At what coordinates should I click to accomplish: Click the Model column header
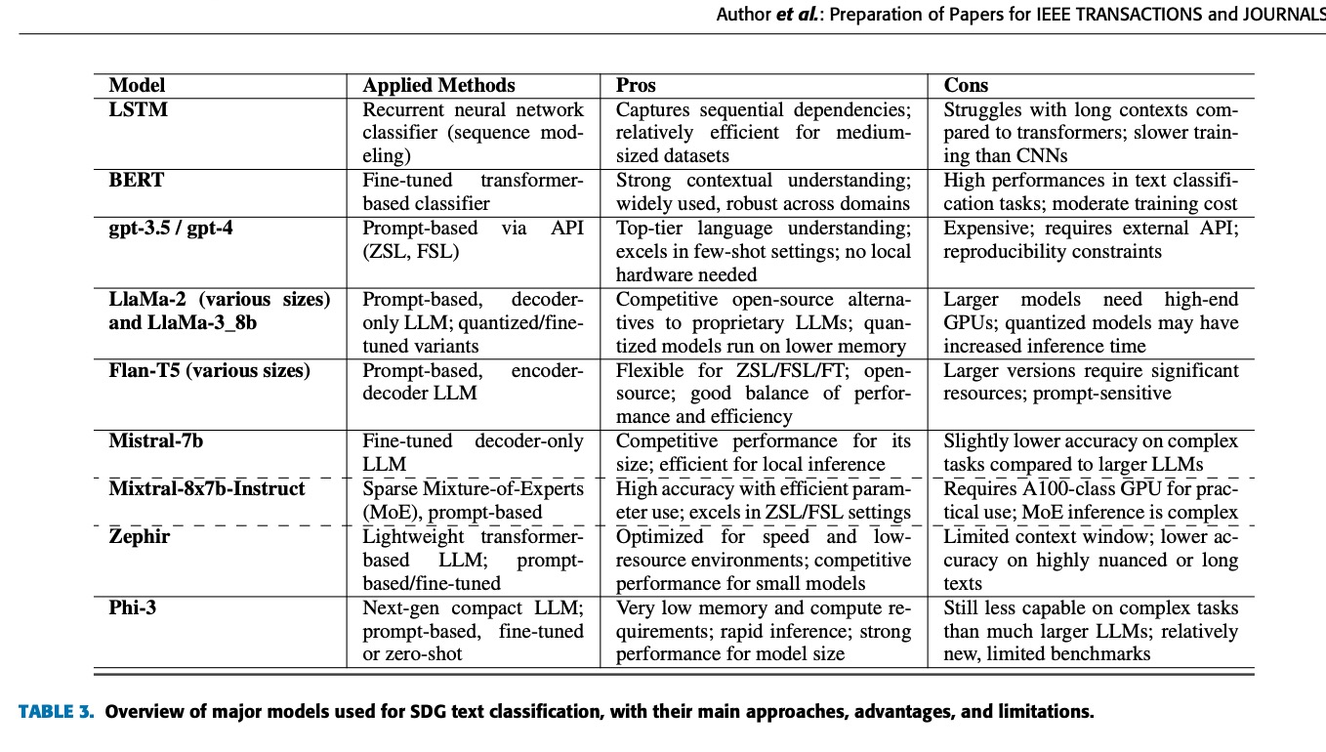pyautogui.click(x=137, y=86)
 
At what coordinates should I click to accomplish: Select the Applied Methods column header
pyautogui.click(x=438, y=86)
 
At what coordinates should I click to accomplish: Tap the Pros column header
pyautogui.click(x=636, y=86)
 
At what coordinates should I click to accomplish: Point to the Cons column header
pyautogui.click(x=966, y=86)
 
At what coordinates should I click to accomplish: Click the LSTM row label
pyautogui.click(x=139, y=109)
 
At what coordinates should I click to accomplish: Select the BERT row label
pyautogui.click(x=137, y=181)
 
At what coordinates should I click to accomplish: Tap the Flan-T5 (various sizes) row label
pyautogui.click(x=209, y=371)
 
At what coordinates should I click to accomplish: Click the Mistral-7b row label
pyautogui.click(x=156, y=441)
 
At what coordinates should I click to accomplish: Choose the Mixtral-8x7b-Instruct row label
pyautogui.click(x=207, y=488)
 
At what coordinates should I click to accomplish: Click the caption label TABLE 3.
pyautogui.click(x=57, y=712)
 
